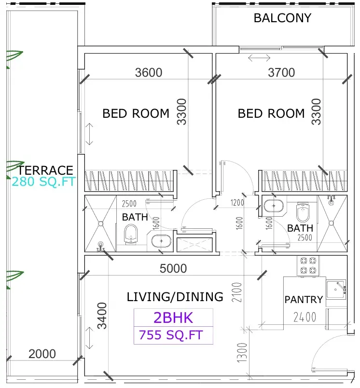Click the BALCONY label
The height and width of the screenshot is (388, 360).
282,18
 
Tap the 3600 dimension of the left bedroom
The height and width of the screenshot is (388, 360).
149,72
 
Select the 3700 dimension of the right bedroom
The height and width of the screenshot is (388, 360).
281,72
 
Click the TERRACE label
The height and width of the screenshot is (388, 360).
46,170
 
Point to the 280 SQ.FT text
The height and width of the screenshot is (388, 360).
43,181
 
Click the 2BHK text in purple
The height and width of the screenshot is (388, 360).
173,318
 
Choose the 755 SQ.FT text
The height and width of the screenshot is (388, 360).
171,335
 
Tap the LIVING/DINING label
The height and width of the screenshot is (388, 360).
175,297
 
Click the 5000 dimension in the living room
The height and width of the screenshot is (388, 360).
173,268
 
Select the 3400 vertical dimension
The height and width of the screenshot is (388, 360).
102,316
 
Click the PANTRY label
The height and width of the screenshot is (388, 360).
304,300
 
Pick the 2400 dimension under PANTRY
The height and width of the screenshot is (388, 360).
305,317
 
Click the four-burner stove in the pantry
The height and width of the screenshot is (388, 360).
308,266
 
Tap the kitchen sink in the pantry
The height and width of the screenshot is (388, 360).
336,290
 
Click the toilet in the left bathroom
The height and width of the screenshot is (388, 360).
131,234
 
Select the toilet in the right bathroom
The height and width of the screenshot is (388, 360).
303,212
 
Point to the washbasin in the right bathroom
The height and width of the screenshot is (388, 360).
274,206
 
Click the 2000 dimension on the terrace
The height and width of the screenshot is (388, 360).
42,354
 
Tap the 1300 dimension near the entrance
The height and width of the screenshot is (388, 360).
242,353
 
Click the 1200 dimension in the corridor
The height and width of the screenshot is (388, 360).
237,203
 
